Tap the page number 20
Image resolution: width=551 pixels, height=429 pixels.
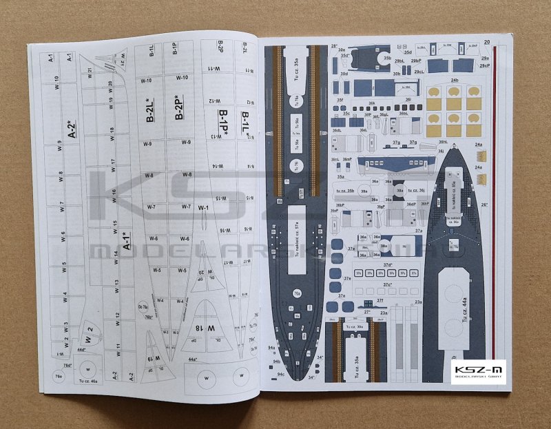click(487, 42)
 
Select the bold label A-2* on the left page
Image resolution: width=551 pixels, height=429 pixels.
click(73, 129)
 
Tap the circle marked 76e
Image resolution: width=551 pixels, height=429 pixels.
click(59, 377)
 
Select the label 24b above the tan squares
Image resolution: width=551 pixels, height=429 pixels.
click(455, 81)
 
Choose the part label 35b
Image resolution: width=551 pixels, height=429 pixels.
click(387, 59)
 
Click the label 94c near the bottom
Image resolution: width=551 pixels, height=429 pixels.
click(281, 374)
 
